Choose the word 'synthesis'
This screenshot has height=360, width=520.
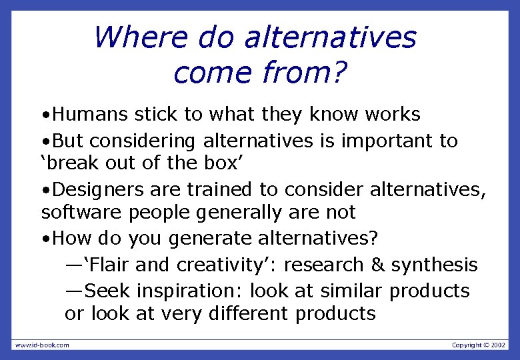[434, 265]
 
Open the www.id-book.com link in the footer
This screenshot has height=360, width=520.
[42, 345]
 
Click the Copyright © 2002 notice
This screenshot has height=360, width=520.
[479, 345]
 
